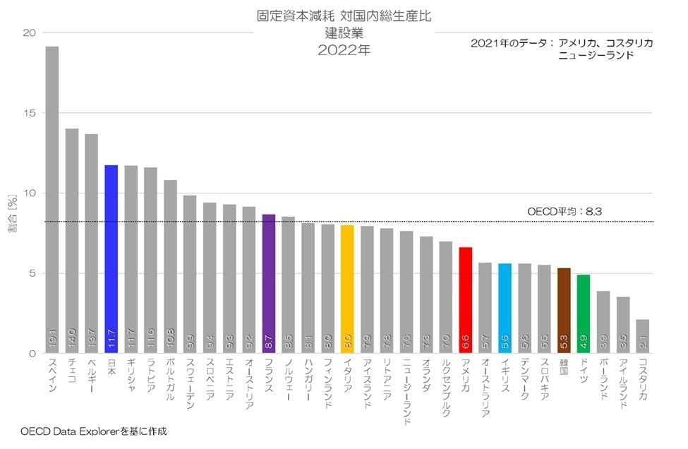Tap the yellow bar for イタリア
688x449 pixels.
[x=347, y=289]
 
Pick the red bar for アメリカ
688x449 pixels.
[x=465, y=300]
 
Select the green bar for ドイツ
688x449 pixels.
[x=584, y=314]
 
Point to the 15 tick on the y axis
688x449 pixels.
[x=29, y=113]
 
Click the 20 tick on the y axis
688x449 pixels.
[x=29, y=32]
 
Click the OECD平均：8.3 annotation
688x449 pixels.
[x=565, y=211]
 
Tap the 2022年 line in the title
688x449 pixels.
[x=344, y=51]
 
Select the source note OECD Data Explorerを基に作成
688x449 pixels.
[x=94, y=430]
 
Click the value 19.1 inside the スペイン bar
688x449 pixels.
[x=52, y=341]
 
